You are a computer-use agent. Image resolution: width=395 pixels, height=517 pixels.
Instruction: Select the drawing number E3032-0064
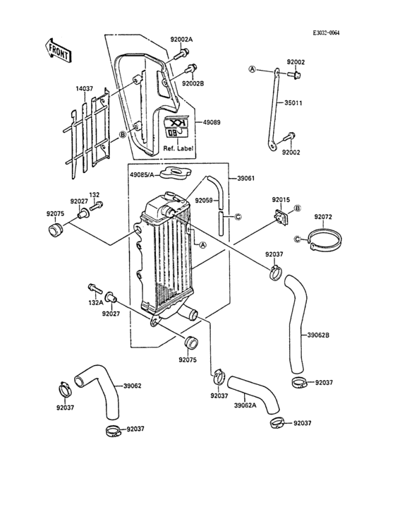click(x=326, y=33)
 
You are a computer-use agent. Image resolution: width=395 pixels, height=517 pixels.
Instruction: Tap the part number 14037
click(x=84, y=89)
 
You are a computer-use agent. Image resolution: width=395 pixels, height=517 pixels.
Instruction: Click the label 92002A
click(x=181, y=40)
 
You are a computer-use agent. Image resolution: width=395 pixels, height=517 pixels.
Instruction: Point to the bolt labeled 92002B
click(x=191, y=69)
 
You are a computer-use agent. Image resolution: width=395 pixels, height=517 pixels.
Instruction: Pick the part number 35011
click(x=293, y=103)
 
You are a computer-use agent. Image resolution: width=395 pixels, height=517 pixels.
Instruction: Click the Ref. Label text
click(x=178, y=148)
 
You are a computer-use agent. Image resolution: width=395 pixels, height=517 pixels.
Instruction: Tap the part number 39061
click(x=246, y=178)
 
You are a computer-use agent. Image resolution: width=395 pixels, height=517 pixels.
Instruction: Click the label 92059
click(x=203, y=200)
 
